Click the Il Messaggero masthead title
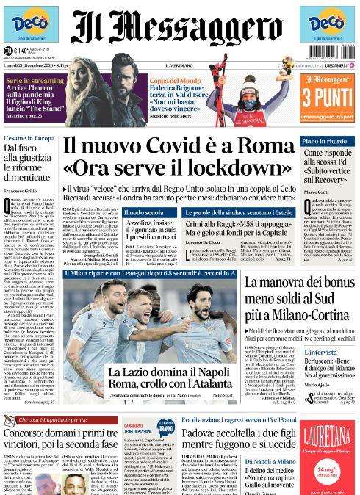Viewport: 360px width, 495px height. pyautogui.click(x=179, y=33)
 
